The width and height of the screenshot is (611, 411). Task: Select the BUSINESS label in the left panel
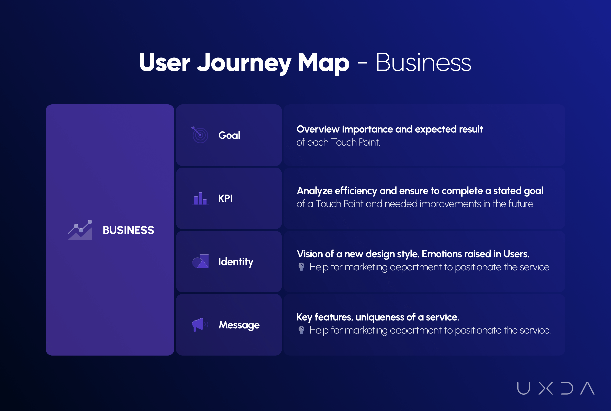(x=128, y=230)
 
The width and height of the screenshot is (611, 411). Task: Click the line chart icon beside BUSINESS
(x=80, y=230)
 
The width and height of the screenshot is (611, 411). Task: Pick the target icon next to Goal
(x=200, y=135)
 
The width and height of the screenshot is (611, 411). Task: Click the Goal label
(x=229, y=135)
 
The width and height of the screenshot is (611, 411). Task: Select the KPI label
(x=225, y=198)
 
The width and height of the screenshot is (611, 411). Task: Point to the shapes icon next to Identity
(x=200, y=261)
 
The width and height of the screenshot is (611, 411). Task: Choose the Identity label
(x=236, y=262)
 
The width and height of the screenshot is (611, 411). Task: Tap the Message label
(x=239, y=325)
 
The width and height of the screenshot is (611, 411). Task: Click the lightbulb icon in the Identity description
(x=301, y=267)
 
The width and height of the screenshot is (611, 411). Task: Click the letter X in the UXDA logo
(x=546, y=388)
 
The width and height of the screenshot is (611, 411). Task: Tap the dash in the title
(x=362, y=63)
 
